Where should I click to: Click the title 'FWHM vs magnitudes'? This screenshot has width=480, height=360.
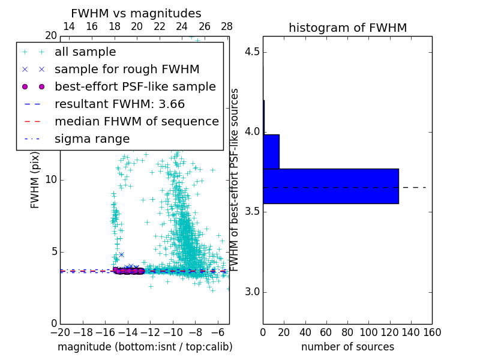tap(136, 13)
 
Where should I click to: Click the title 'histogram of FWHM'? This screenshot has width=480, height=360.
tap(347, 28)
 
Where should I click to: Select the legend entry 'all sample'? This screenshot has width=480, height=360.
tap(85, 52)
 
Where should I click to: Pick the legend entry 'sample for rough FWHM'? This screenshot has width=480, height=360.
tap(127, 70)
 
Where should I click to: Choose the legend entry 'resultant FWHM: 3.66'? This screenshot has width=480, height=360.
tap(119, 104)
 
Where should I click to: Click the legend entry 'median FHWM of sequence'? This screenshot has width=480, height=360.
tap(136, 122)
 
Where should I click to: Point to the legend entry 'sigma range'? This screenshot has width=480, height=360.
tap(92, 139)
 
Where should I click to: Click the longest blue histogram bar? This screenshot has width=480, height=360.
tap(331, 186)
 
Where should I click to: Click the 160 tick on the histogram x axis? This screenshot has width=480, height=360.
tap(431, 332)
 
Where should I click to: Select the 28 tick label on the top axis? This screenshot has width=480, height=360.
tap(227, 27)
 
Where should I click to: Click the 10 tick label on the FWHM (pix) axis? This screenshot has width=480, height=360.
tap(50, 180)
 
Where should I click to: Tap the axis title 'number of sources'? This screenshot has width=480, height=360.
tap(347, 347)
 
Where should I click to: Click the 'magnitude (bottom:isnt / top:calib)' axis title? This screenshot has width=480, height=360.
tap(145, 347)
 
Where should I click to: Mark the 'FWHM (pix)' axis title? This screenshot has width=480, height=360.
tap(35, 180)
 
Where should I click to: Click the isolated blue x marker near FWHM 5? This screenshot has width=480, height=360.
tap(121, 254)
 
